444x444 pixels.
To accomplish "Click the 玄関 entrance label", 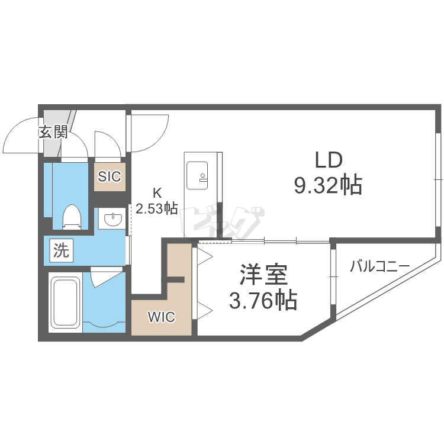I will pos(53,131).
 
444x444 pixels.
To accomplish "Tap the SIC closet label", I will pos(110,176).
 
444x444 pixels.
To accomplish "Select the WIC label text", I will pos(161,317).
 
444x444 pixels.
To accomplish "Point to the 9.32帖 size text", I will pos(328,186).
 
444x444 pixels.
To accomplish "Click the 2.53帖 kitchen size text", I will pos(157,208).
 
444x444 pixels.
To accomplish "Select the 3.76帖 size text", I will pos(263,301).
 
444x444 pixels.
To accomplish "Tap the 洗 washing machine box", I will pos(61,250).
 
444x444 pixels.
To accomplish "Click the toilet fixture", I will pos(72,217).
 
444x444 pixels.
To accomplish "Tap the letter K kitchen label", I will pos(157,192).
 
